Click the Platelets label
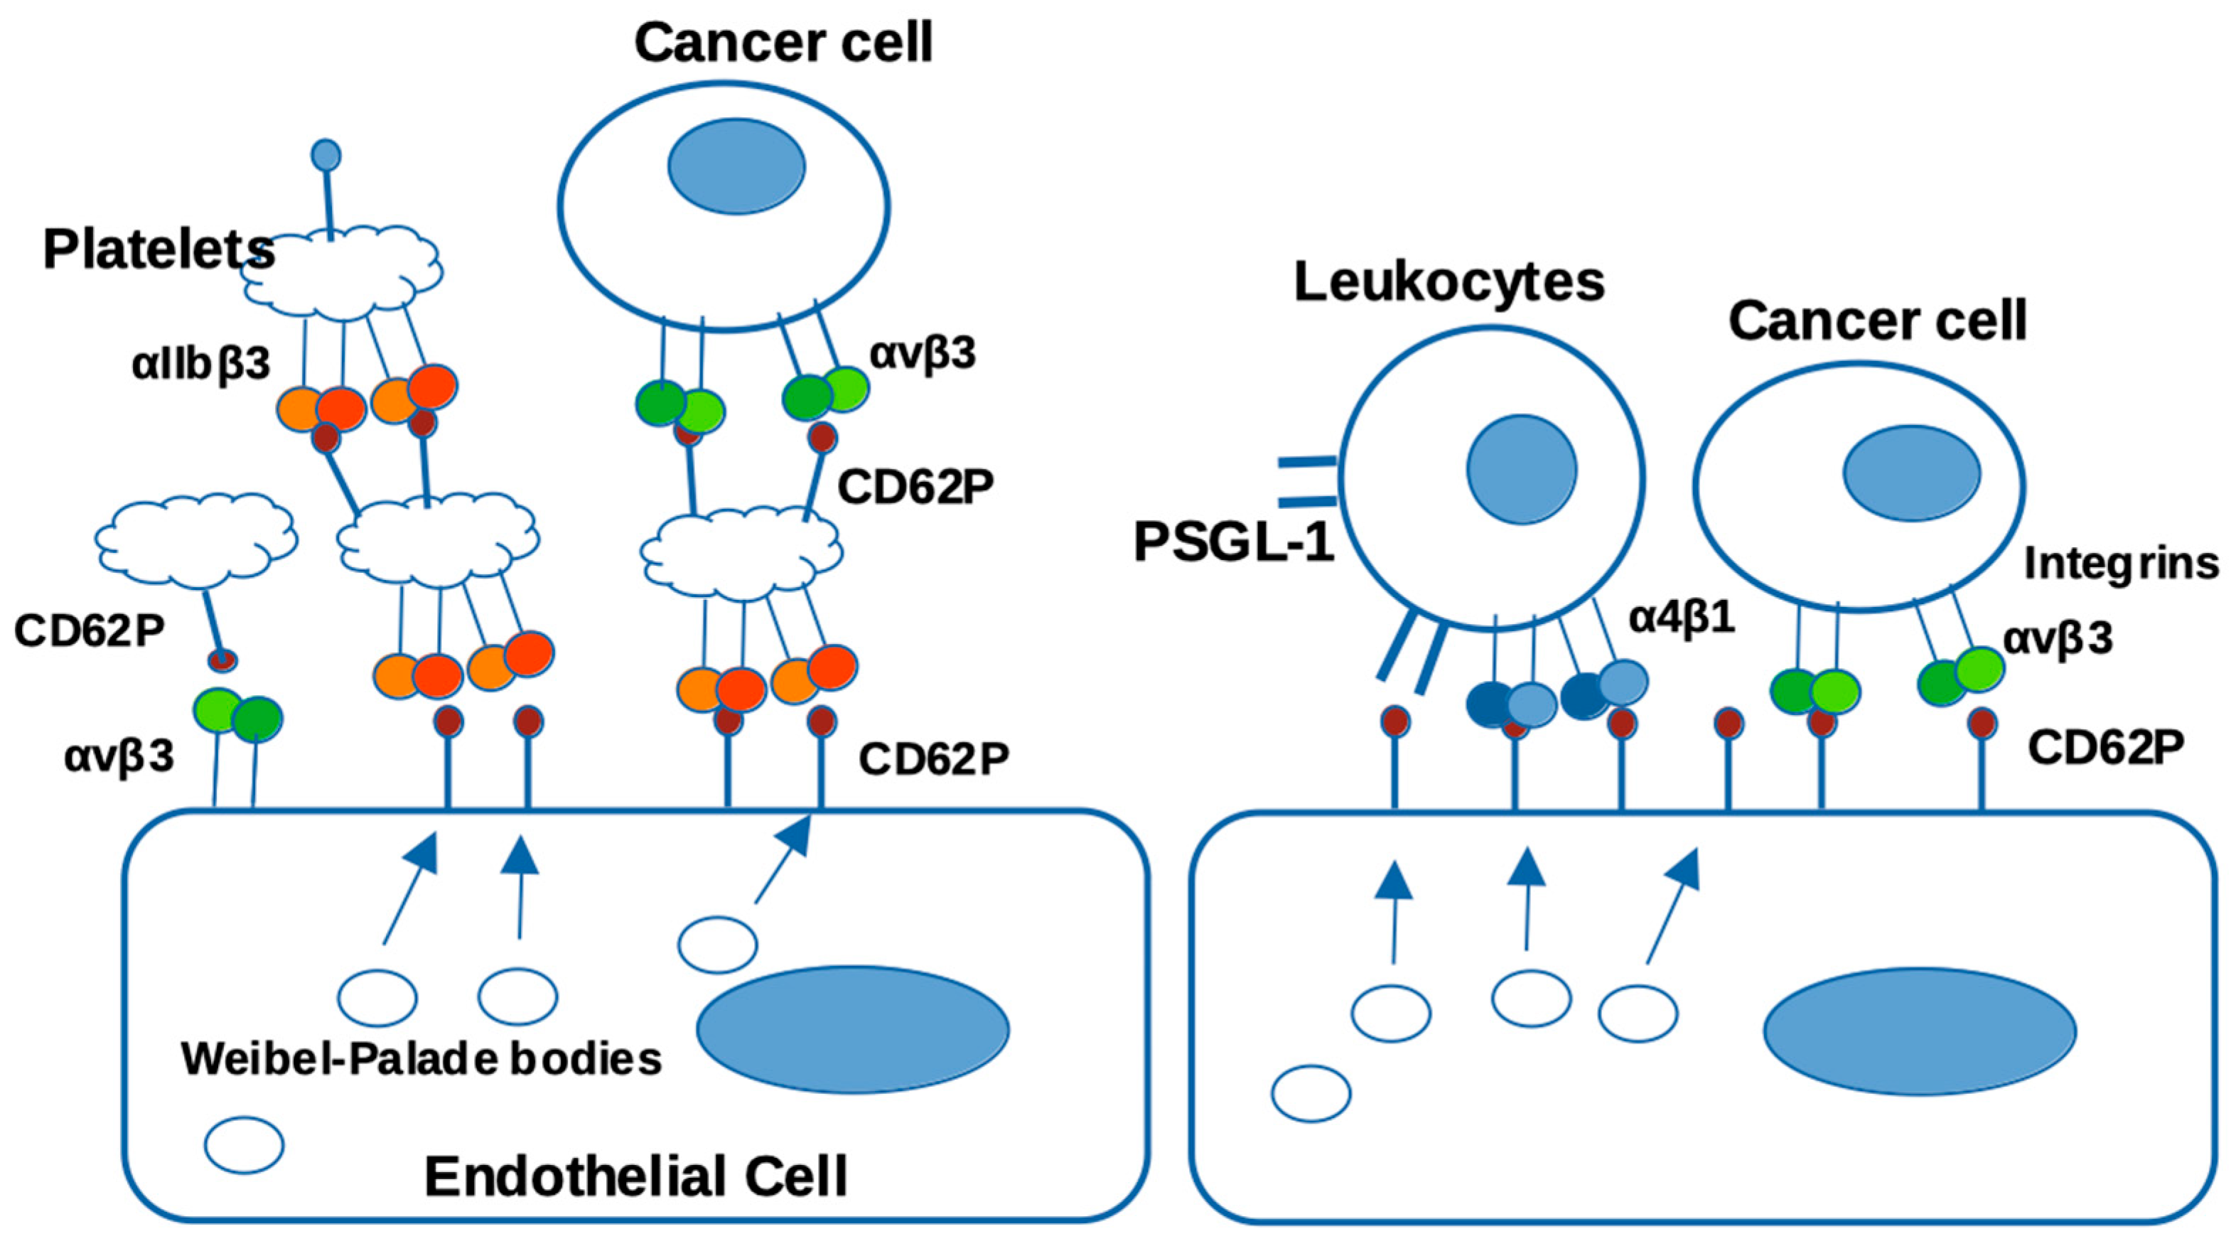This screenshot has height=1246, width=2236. [x=158, y=250]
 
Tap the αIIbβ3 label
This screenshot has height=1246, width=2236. [x=201, y=365]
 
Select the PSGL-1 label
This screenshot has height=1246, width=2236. [x=1233, y=543]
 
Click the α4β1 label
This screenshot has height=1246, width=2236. [x=1682, y=618]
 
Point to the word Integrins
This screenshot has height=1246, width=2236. [x=2121, y=564]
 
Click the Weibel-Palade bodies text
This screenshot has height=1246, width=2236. [x=422, y=1058]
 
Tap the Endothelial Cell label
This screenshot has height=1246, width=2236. [x=635, y=1176]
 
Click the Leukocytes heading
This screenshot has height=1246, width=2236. [x=1448, y=282]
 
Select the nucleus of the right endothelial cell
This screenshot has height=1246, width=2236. [x=1919, y=1031]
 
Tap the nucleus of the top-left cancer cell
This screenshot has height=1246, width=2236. [x=736, y=166]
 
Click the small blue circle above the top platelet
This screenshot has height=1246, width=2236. [x=326, y=156]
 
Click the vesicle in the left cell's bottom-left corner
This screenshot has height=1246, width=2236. [x=244, y=1145]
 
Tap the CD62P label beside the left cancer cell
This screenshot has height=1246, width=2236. [x=915, y=489]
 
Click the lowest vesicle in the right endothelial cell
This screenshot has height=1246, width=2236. [x=1311, y=1093]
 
